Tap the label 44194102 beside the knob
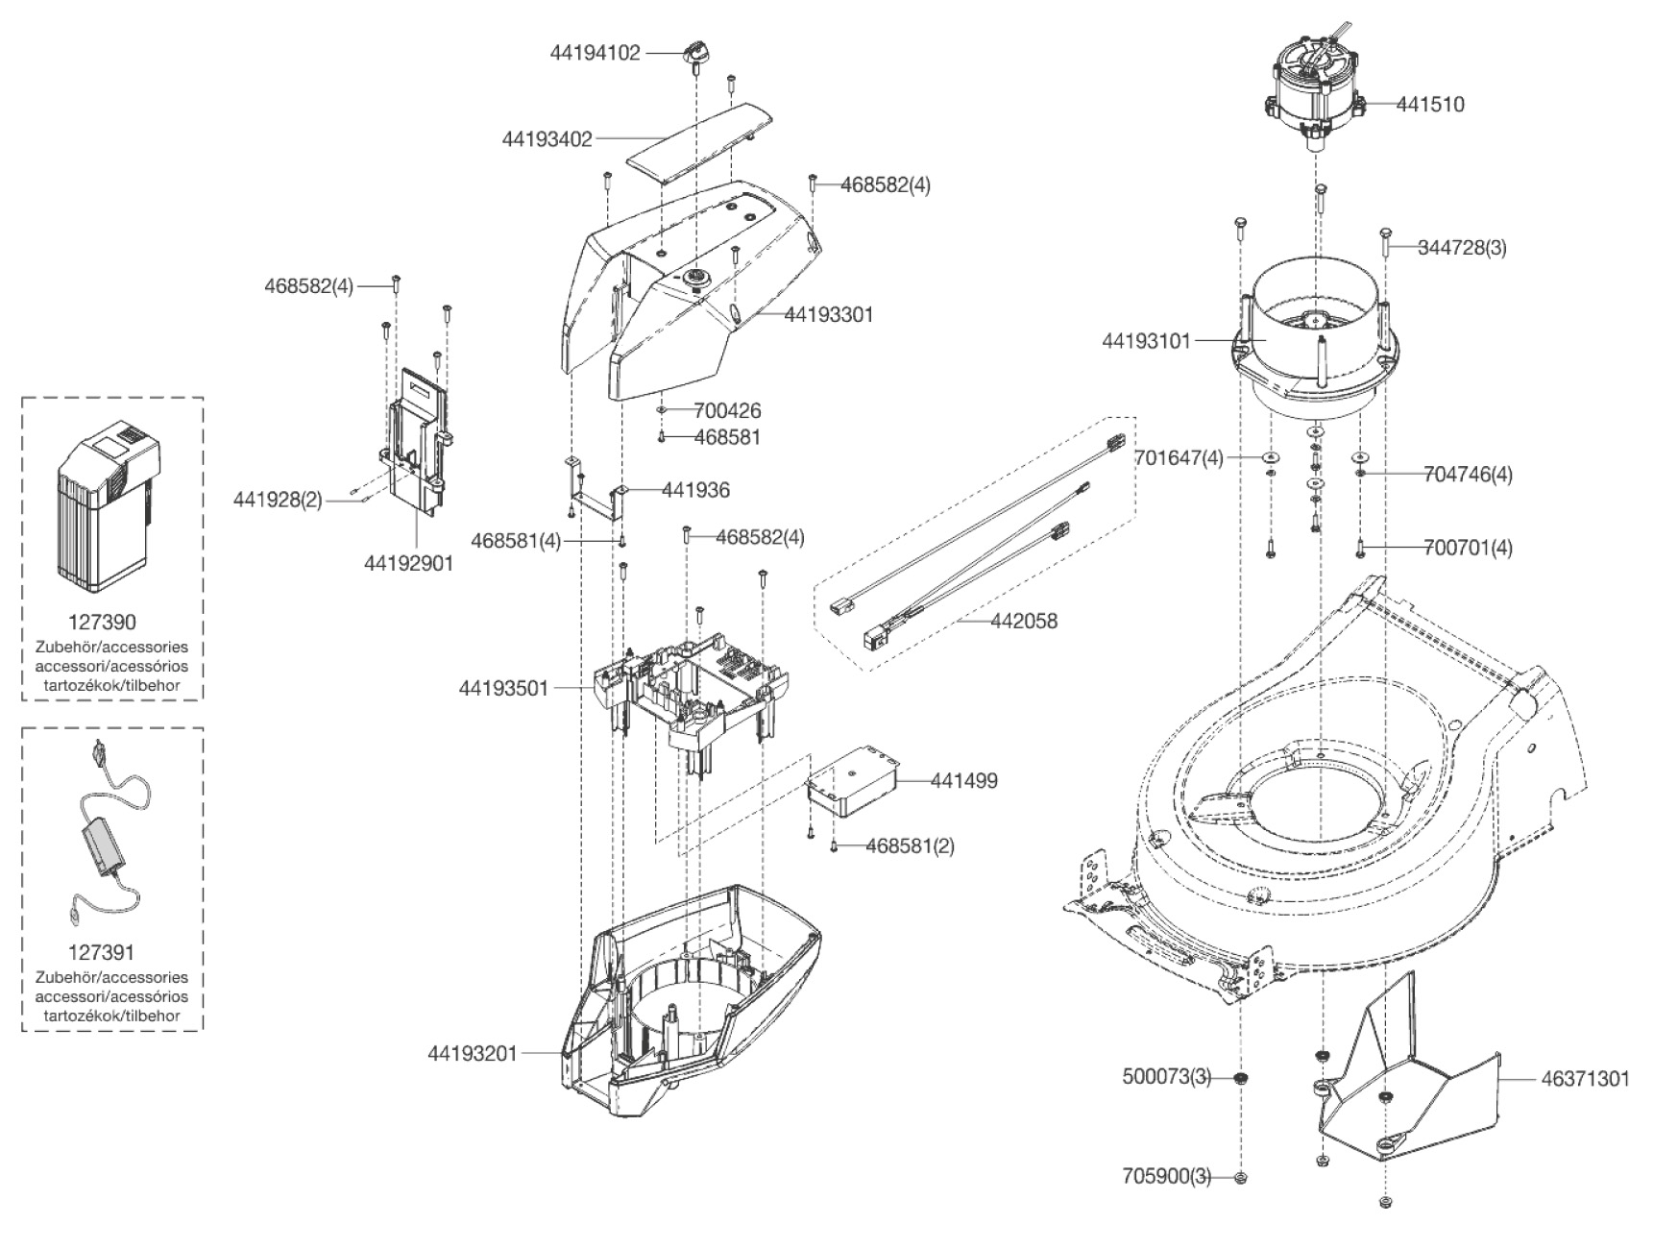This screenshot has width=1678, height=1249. [x=595, y=53]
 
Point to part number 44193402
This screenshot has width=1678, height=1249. [x=547, y=139]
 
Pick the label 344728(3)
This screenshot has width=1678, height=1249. [x=1462, y=247]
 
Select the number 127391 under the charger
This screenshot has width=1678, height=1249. [x=101, y=952]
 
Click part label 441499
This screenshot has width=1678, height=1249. [x=963, y=780]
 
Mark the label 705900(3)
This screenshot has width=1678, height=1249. [x=1167, y=1176]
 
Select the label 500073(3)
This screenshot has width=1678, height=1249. [x=1167, y=1077]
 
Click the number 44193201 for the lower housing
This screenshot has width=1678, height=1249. [x=473, y=1053]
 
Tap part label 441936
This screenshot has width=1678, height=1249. [x=695, y=490]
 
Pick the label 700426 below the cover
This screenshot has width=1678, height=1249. [x=727, y=410]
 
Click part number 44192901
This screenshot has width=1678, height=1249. [x=408, y=563]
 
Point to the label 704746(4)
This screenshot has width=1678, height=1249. [x=1468, y=474]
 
